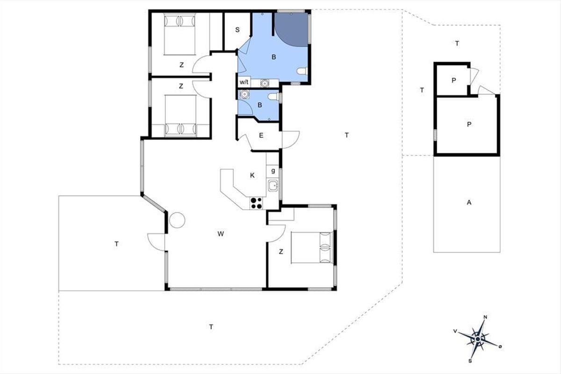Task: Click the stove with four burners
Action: pyautogui.click(x=256, y=203)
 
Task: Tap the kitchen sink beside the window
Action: pyautogui.click(x=273, y=186)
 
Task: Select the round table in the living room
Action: pyautogui.click(x=177, y=220)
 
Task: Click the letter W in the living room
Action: pyautogui.click(x=220, y=234)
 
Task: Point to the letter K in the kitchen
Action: pyautogui.click(x=252, y=175)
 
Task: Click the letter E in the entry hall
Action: pyautogui.click(x=261, y=136)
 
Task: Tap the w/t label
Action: pyautogui.click(x=244, y=82)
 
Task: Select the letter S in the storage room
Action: pyautogui.click(x=237, y=30)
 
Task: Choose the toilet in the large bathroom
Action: pyautogui.click(x=302, y=71)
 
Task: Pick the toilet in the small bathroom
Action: pyautogui.click(x=273, y=97)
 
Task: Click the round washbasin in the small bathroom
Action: pyautogui.click(x=244, y=94)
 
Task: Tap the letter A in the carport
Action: pyautogui.click(x=469, y=202)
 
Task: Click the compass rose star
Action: pyautogui.click(x=478, y=339)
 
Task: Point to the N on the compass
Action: pyautogui.click(x=485, y=317)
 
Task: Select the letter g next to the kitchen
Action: pyautogui.click(x=273, y=171)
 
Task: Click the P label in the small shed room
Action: pyautogui.click(x=453, y=80)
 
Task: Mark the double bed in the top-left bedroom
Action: pyautogui.click(x=180, y=34)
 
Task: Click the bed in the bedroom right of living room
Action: pyautogui.click(x=312, y=247)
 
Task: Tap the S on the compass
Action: pyautogui.click(x=470, y=361)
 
